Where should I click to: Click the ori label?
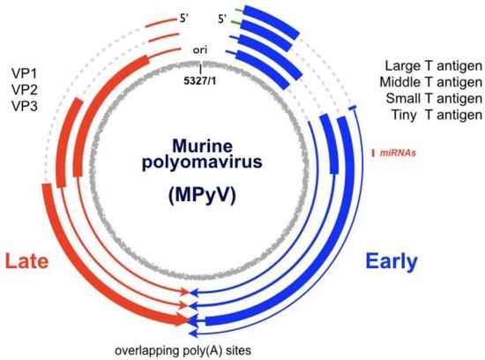coord(201,50)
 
